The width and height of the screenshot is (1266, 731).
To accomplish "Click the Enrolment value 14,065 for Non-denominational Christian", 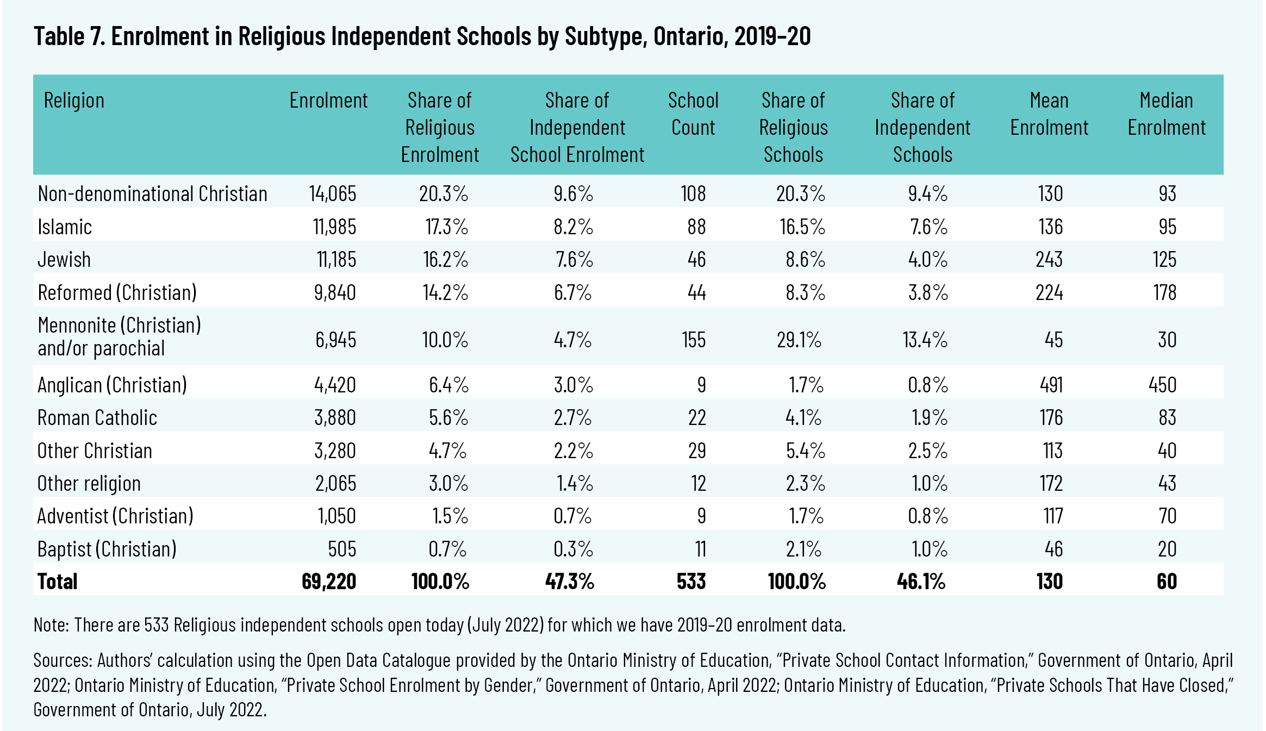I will [x=333, y=193].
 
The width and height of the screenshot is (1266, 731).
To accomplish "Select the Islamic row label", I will [x=65, y=227].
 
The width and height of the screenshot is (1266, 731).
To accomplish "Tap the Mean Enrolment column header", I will [x=1049, y=114].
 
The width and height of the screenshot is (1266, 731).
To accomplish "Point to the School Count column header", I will [x=693, y=114].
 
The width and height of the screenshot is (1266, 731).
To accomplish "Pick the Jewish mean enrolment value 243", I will [x=1049, y=259].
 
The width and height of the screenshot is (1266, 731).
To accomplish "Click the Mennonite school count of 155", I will [x=694, y=340].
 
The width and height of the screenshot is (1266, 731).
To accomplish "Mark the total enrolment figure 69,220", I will [x=329, y=582].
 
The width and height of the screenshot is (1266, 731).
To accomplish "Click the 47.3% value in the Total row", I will [x=570, y=582].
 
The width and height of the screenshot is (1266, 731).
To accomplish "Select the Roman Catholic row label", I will [x=97, y=417].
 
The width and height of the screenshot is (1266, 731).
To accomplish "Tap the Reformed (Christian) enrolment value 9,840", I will [x=335, y=292].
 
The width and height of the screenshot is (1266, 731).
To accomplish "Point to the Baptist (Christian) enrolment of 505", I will [x=342, y=549].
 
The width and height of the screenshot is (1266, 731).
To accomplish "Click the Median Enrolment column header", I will [x=1167, y=114].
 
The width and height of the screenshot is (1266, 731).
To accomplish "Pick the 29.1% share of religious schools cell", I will [x=799, y=340].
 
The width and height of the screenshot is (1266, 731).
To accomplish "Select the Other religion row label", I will [x=89, y=483].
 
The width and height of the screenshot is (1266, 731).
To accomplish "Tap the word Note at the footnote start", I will [x=51, y=625].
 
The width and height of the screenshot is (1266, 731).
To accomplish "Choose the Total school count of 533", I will [x=691, y=582].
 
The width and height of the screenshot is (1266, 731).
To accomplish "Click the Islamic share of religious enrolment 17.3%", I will [x=446, y=227].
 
